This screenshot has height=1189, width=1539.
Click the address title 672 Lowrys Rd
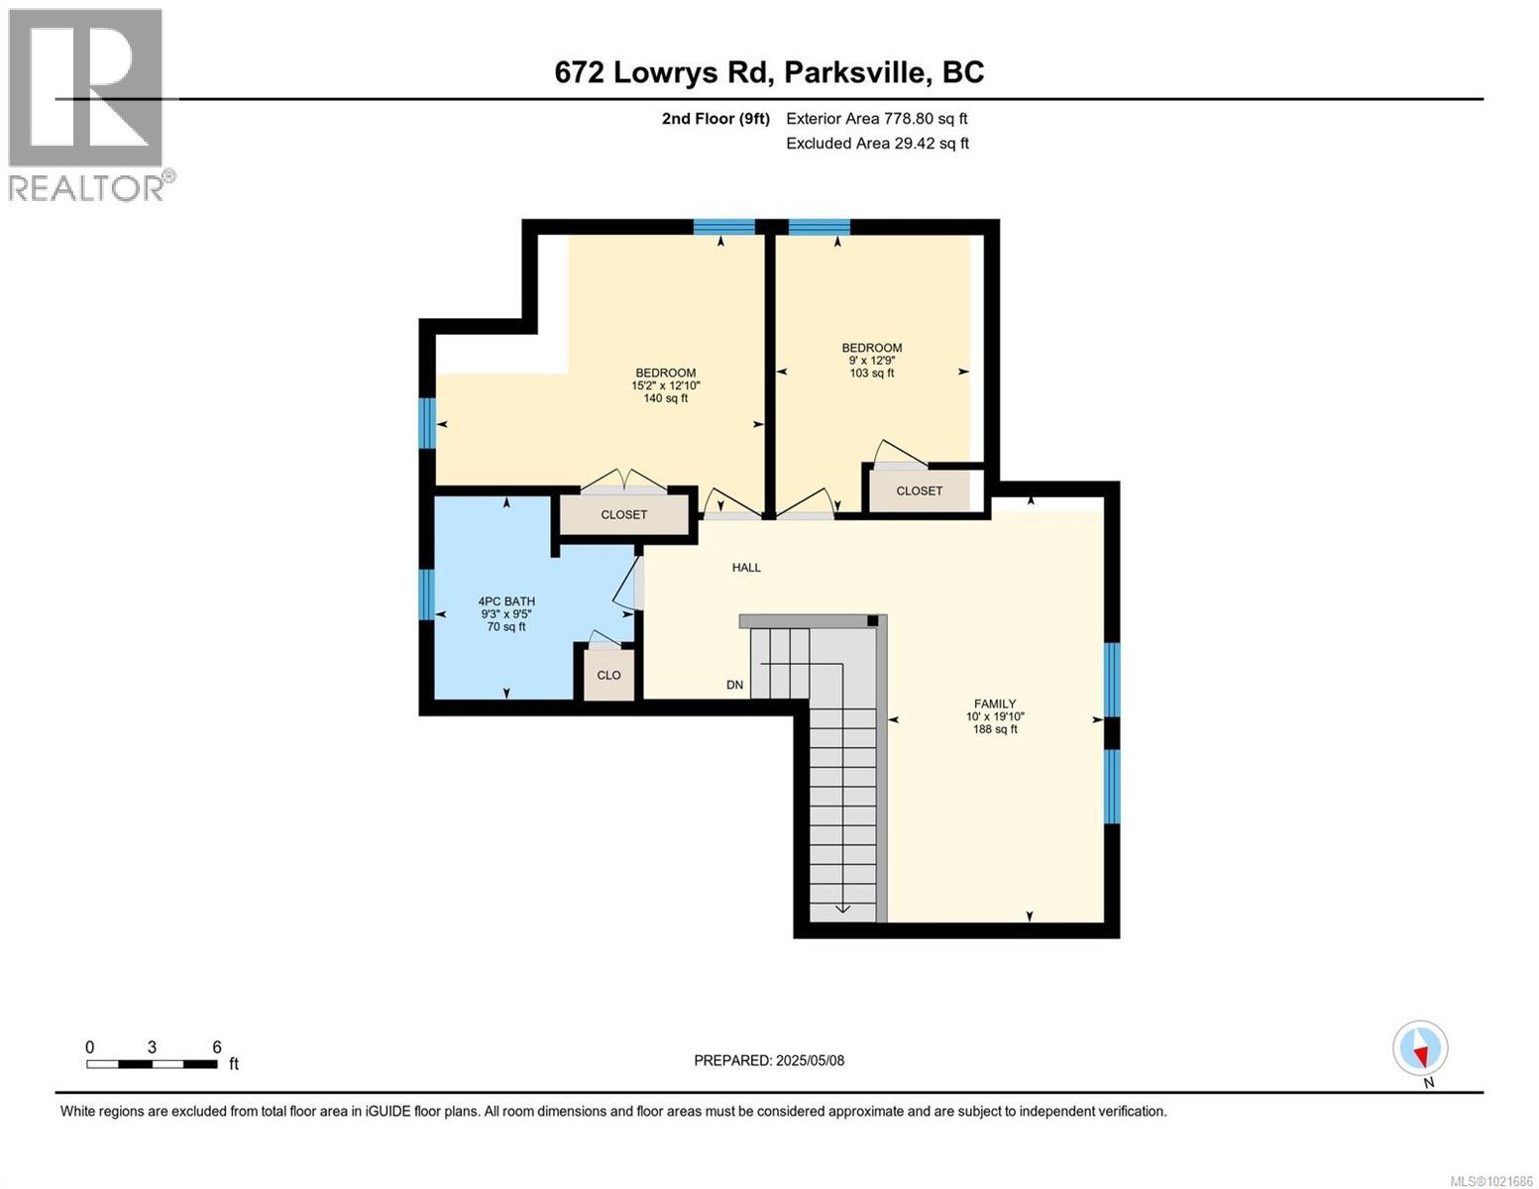coord(769,72)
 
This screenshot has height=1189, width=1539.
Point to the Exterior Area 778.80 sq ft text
coord(876,119)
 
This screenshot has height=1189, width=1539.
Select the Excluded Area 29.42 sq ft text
coord(876,144)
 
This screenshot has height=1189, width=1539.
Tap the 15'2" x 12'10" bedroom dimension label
coord(665,386)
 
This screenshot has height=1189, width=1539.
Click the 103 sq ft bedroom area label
coord(871,374)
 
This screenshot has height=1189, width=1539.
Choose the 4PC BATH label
coord(506,601)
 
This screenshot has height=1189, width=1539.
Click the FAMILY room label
coord(994,704)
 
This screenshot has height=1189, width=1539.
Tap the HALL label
coord(746,568)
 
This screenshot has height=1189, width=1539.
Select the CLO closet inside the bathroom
coord(608,675)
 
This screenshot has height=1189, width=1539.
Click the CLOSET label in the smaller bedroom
coord(919,491)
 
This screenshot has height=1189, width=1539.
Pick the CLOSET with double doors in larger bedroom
coord(623,515)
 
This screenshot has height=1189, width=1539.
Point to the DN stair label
coord(734,685)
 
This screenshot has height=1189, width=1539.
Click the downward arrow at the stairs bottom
coord(842,906)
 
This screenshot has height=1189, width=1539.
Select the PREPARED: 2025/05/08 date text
coord(769,1060)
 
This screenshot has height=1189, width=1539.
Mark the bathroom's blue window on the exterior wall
coord(427,594)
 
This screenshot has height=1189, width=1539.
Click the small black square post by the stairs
coord(872,621)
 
